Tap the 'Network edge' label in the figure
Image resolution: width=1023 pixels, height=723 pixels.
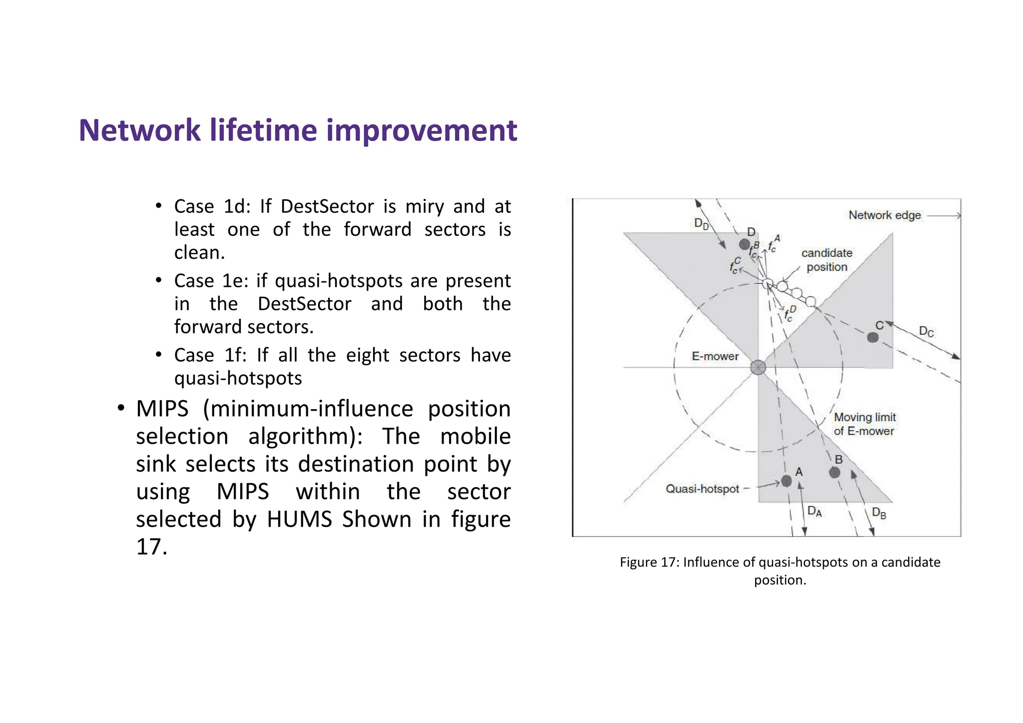tap(884, 215)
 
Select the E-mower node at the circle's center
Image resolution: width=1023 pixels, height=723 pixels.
tap(758, 367)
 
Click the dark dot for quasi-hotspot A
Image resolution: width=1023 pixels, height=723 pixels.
tap(786, 481)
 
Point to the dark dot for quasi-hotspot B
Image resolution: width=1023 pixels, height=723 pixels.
tap(834, 472)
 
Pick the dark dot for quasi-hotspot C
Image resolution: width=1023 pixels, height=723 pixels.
tap(873, 337)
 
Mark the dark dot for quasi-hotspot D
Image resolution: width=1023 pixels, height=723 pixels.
tap(744, 244)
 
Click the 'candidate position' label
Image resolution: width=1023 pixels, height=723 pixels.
tap(827, 260)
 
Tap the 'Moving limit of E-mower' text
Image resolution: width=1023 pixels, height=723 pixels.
tap(864, 424)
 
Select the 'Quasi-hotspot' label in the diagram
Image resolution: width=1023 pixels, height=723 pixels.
tap(702, 489)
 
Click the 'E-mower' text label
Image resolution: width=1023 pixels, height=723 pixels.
tap(715, 356)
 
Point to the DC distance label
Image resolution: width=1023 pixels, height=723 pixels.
tap(926, 331)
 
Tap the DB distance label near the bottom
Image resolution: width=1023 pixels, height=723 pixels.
tap(879, 513)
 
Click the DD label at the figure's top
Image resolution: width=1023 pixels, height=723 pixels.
tap(701, 223)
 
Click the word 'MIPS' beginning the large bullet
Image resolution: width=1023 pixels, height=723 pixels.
tap(162, 409)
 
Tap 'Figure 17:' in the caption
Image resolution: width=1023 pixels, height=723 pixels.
tap(649, 562)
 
